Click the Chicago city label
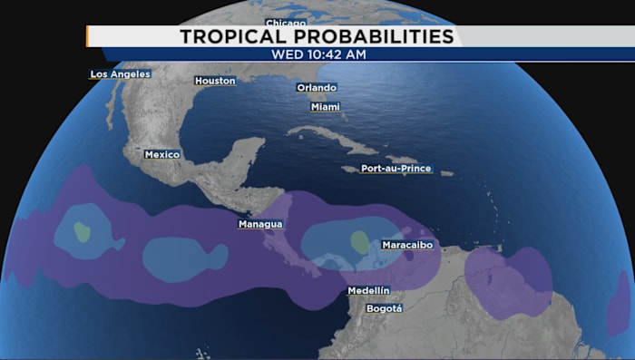click(x=286, y=22)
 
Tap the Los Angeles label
click(x=120, y=74)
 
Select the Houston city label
click(x=215, y=81)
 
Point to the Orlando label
click(x=317, y=88)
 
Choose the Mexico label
click(x=162, y=154)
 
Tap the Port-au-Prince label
click(x=396, y=169)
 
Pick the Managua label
click(x=260, y=224)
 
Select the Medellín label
click(x=368, y=290)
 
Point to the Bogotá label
click(x=383, y=308)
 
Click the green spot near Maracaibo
click(x=360, y=242)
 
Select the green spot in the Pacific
click(x=83, y=232)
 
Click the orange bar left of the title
click(x=88, y=36)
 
